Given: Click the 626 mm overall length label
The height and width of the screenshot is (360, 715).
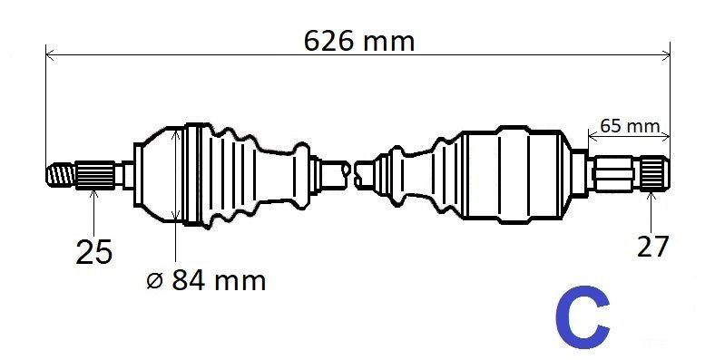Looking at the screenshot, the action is [359, 41].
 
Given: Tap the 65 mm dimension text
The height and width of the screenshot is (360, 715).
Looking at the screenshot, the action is [630, 126].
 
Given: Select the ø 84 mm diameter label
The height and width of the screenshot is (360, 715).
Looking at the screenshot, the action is [206, 280].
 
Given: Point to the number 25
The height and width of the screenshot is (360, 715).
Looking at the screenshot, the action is [93, 251].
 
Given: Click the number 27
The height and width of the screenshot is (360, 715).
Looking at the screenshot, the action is [652, 247].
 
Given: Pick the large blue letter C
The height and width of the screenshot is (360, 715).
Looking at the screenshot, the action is [583, 317].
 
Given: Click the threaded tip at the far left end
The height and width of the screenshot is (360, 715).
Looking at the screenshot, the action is [60, 174].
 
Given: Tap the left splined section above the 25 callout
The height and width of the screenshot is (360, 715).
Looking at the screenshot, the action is [95, 174].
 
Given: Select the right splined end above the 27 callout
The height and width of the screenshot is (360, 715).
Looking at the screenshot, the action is [654, 172].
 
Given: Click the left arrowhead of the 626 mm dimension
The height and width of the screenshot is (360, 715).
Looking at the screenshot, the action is [50, 55].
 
